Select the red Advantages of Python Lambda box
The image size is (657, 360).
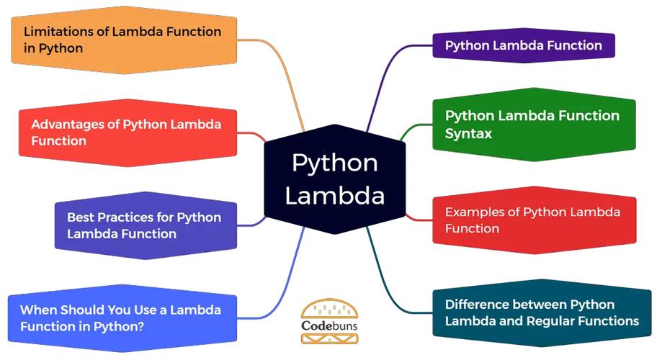click(126, 132)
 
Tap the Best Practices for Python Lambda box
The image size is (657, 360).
click(144, 225)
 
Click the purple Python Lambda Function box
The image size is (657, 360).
click(523, 45)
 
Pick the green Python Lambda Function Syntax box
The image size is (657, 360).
click(533, 124)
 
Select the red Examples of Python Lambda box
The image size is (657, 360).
click(533, 220)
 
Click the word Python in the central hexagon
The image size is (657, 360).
click(334, 163)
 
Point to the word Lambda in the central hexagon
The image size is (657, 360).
click(334, 196)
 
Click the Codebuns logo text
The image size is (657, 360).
click(328, 335)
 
